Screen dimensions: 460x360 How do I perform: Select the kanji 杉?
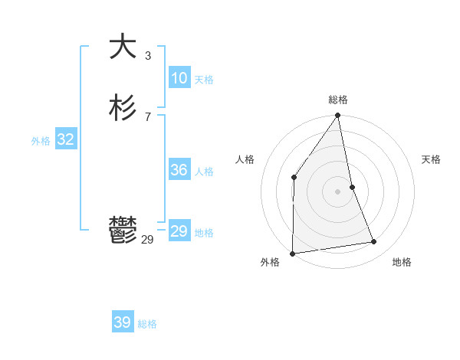(x=123, y=108)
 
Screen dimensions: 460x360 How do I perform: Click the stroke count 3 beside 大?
(x=148, y=55)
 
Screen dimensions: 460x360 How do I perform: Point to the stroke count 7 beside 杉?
(x=148, y=116)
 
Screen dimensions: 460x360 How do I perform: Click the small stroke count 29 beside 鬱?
(x=147, y=240)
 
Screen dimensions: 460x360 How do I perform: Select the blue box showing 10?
(x=179, y=78)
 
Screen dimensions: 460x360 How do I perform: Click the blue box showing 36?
(x=179, y=170)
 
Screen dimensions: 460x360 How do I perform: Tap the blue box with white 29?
(x=179, y=231)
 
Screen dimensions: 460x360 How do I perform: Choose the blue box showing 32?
(x=65, y=139)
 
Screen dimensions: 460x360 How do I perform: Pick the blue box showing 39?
(x=122, y=322)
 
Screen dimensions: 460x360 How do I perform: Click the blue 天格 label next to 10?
(x=204, y=80)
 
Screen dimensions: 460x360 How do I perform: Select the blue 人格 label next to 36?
(x=204, y=172)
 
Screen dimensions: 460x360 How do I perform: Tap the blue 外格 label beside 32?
(x=41, y=141)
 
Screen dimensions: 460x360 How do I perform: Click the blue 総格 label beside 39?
(x=147, y=324)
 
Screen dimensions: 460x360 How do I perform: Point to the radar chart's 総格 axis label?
(x=338, y=100)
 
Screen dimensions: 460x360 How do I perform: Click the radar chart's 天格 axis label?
(x=431, y=159)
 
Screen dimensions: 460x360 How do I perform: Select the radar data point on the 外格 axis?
(x=292, y=253)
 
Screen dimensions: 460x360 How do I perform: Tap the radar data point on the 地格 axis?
(x=374, y=242)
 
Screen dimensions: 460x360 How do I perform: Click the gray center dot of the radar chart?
(x=338, y=191)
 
